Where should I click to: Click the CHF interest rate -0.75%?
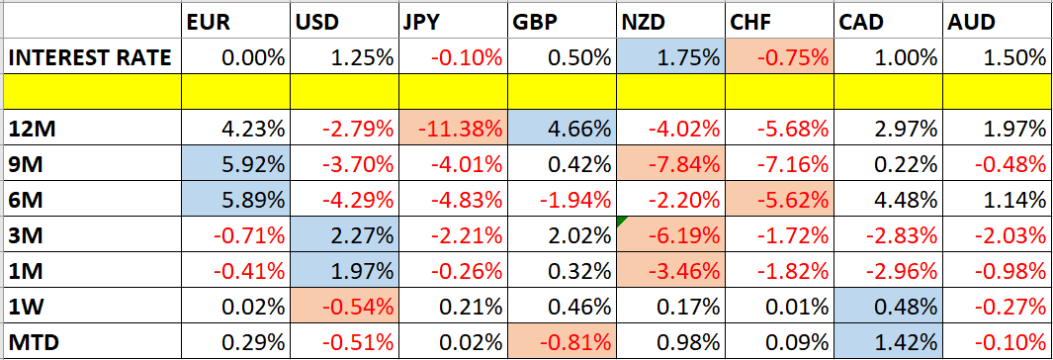[775, 57]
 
